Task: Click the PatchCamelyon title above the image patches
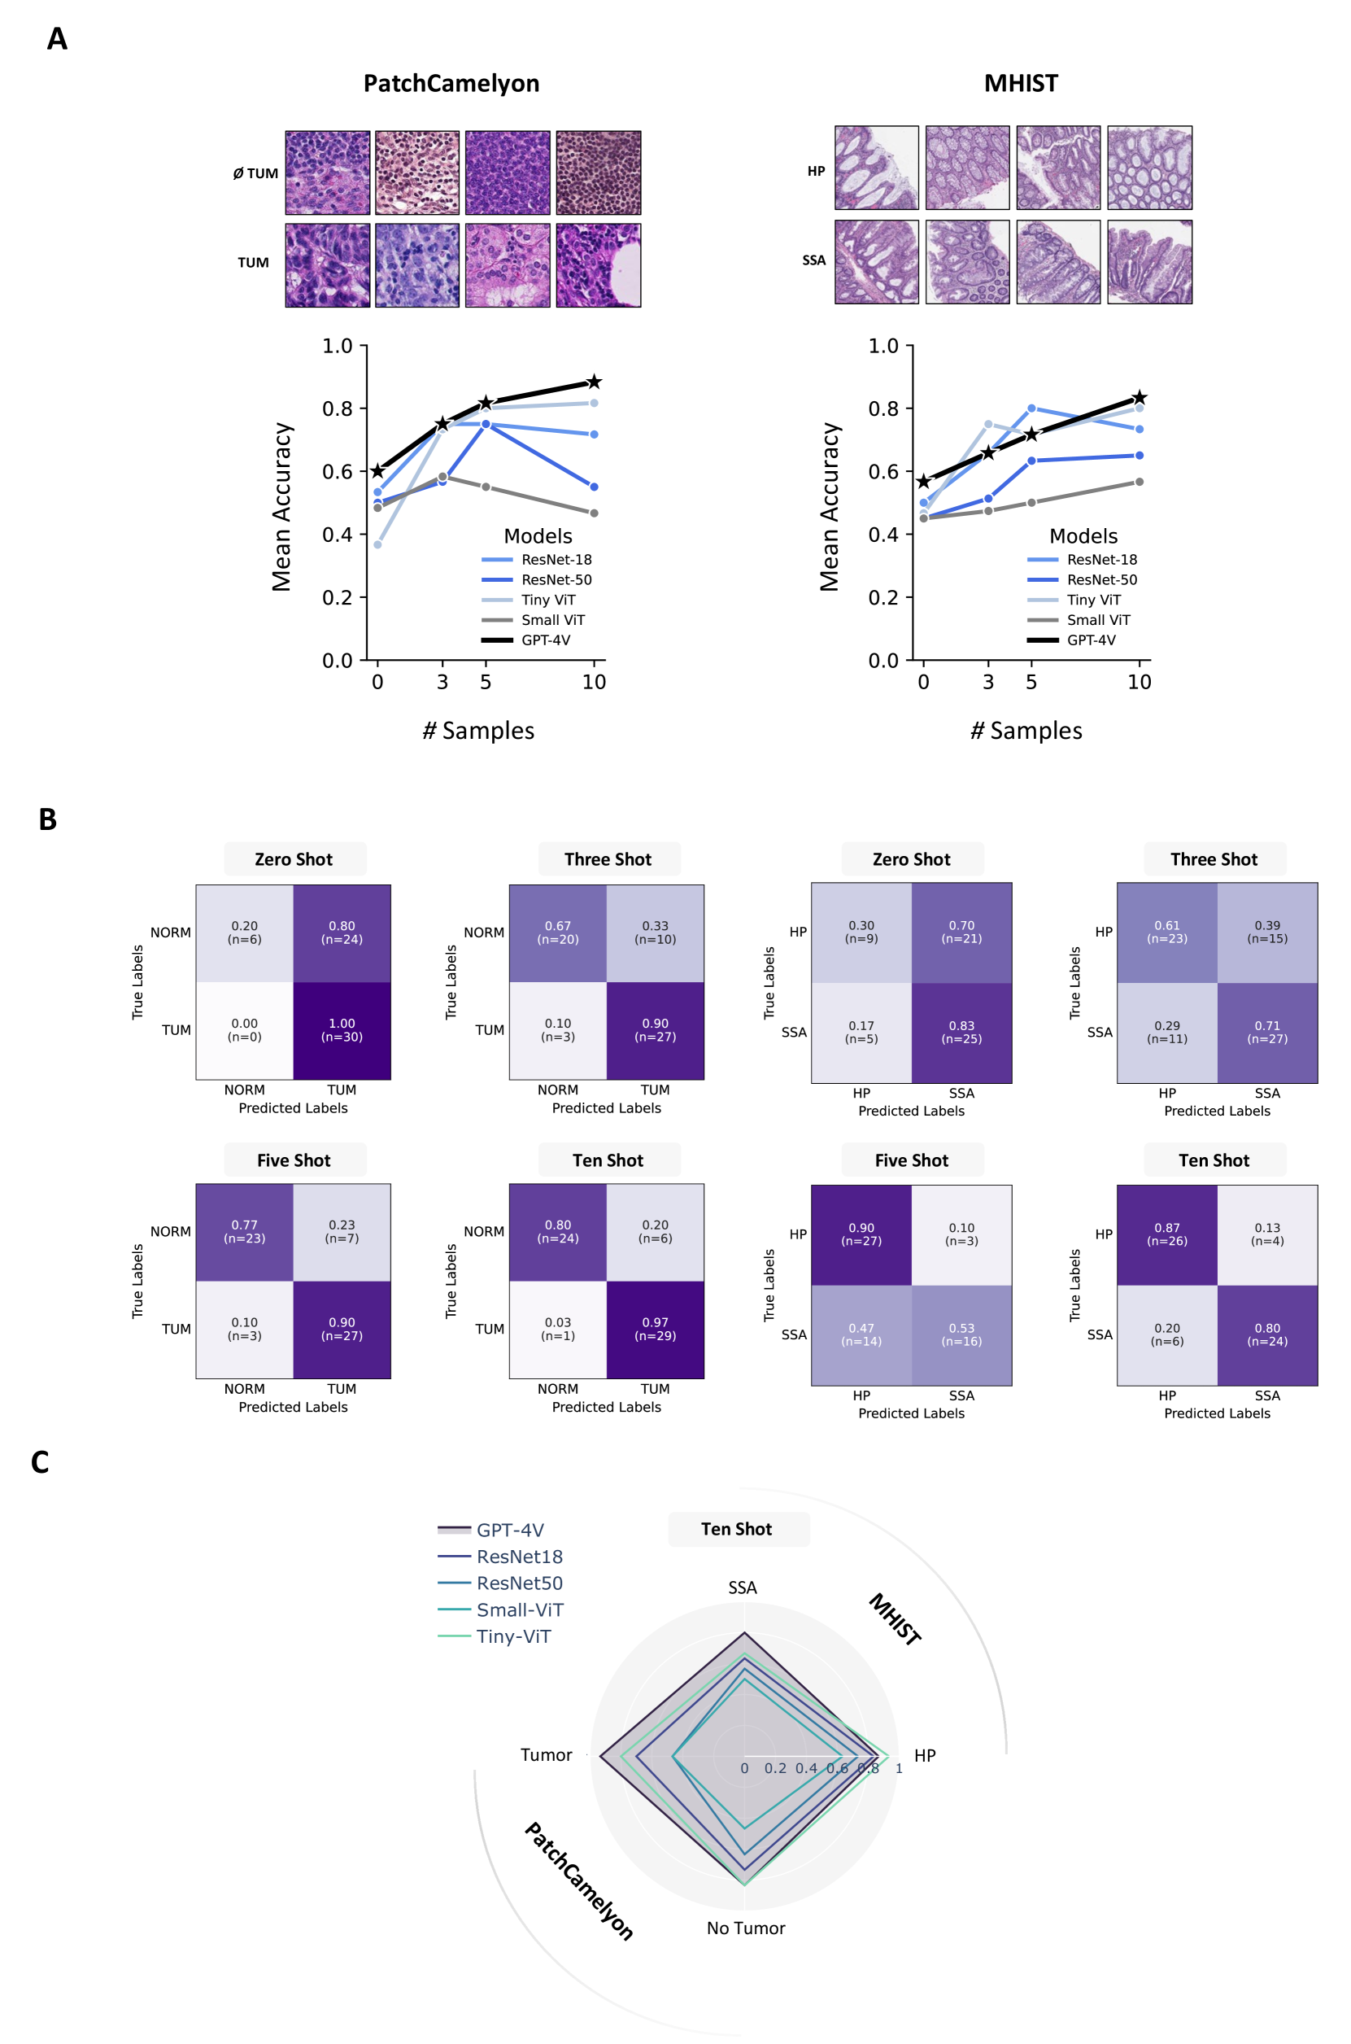(451, 84)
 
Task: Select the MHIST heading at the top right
(1020, 84)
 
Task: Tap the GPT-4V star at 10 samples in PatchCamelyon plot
(594, 382)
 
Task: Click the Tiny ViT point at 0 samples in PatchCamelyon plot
(377, 544)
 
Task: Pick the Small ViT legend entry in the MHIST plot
(1098, 620)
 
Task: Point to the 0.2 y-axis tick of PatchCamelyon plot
(338, 597)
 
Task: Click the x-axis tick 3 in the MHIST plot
(988, 683)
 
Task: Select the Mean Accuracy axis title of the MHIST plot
(829, 507)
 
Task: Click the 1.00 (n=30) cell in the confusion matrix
(342, 1030)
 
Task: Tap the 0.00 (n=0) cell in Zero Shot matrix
(245, 1030)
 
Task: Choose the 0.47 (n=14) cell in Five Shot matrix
(861, 1334)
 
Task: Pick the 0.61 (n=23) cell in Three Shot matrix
(1166, 932)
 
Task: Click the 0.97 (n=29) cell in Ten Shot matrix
(655, 1329)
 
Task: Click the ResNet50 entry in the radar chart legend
(519, 1583)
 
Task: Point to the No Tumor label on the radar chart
(745, 1928)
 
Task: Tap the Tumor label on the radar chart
(547, 1754)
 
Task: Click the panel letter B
(48, 819)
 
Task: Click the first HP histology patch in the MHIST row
(876, 168)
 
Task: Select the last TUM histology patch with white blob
(598, 265)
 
